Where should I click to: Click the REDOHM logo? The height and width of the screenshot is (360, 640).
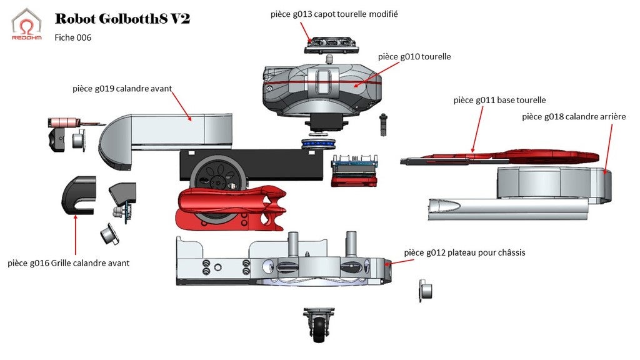click(27, 24)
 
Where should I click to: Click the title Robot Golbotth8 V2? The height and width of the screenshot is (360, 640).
click(122, 19)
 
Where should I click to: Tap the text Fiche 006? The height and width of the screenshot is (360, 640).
click(73, 37)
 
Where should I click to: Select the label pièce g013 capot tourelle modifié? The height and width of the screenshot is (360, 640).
click(334, 14)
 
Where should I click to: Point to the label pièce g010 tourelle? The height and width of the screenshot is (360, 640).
click(414, 56)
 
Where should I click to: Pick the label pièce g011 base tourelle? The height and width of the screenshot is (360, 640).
click(499, 100)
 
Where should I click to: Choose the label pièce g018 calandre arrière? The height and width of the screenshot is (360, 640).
click(565, 116)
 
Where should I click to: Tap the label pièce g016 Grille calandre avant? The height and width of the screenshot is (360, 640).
click(68, 263)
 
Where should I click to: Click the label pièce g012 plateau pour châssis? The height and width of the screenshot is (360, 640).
click(464, 252)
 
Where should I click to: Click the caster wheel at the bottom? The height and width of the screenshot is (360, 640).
click(319, 325)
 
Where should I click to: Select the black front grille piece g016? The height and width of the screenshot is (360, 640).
click(78, 194)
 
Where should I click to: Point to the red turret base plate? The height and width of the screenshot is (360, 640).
click(512, 156)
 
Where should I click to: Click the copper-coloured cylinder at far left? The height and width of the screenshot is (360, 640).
click(63, 122)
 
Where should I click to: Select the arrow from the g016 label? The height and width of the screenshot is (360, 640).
click(75, 234)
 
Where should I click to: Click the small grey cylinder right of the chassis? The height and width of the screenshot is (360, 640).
click(425, 291)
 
